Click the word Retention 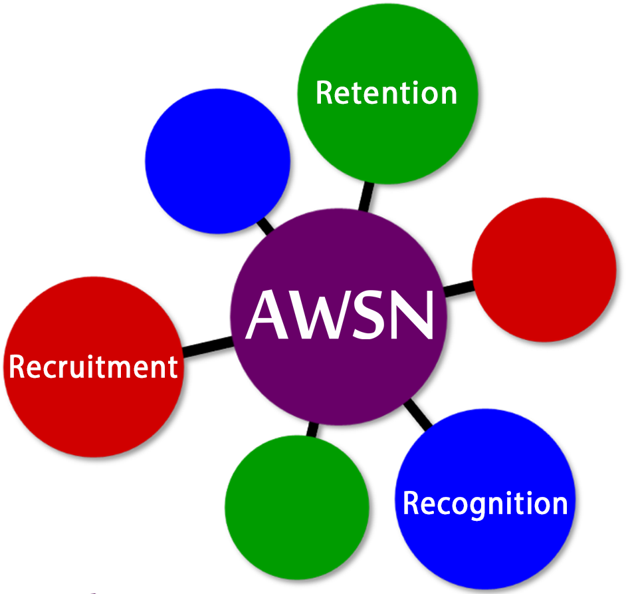tap(387, 92)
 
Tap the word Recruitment tap(93, 367)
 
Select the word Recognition tap(485, 504)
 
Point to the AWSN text tap(340, 315)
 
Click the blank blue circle tap(217, 160)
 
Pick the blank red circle tap(544, 269)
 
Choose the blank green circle tap(296, 507)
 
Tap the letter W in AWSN tap(318, 315)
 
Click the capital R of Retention tap(324, 92)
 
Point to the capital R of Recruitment tap(16, 367)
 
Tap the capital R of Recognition tap(411, 504)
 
